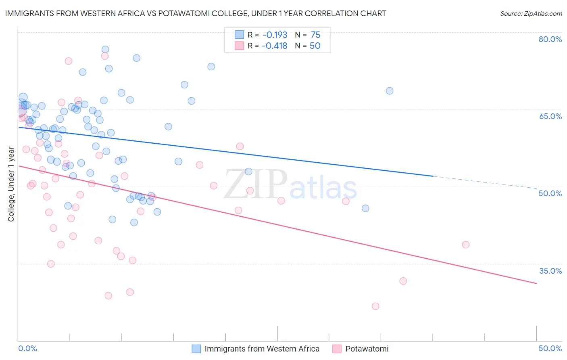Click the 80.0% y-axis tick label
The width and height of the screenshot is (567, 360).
click(550, 39)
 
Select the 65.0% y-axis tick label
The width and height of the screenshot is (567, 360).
click(550, 116)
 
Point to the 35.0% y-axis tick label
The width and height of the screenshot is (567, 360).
click(550, 271)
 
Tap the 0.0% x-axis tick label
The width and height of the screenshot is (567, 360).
click(27, 348)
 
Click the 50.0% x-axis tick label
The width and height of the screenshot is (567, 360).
click(550, 348)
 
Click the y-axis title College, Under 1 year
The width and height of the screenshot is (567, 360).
click(11, 184)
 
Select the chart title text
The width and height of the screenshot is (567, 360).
click(196, 13)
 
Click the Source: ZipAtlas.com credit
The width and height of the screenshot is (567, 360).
click(531, 13)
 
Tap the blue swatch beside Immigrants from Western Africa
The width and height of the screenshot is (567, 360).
click(196, 349)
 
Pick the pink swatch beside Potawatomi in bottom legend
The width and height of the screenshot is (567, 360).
click(337, 349)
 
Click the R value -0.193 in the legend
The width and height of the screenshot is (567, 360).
click(274, 35)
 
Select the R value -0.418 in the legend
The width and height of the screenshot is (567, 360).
click(274, 46)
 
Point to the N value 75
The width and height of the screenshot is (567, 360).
click(315, 35)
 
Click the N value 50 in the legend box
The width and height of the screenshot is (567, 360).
click(315, 46)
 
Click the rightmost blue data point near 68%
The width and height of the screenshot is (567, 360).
click(389, 91)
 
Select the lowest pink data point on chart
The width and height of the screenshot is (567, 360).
click(375, 306)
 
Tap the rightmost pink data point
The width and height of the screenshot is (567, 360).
click(465, 245)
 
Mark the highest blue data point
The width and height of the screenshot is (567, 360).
click(105, 50)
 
